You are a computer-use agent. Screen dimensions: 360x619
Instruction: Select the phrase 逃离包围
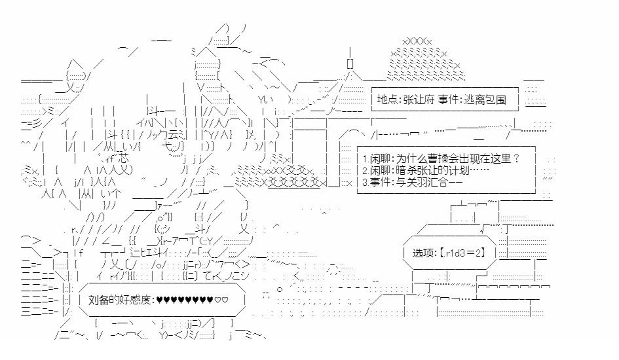(488, 100)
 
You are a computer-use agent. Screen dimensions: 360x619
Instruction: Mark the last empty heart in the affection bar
(225, 300)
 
